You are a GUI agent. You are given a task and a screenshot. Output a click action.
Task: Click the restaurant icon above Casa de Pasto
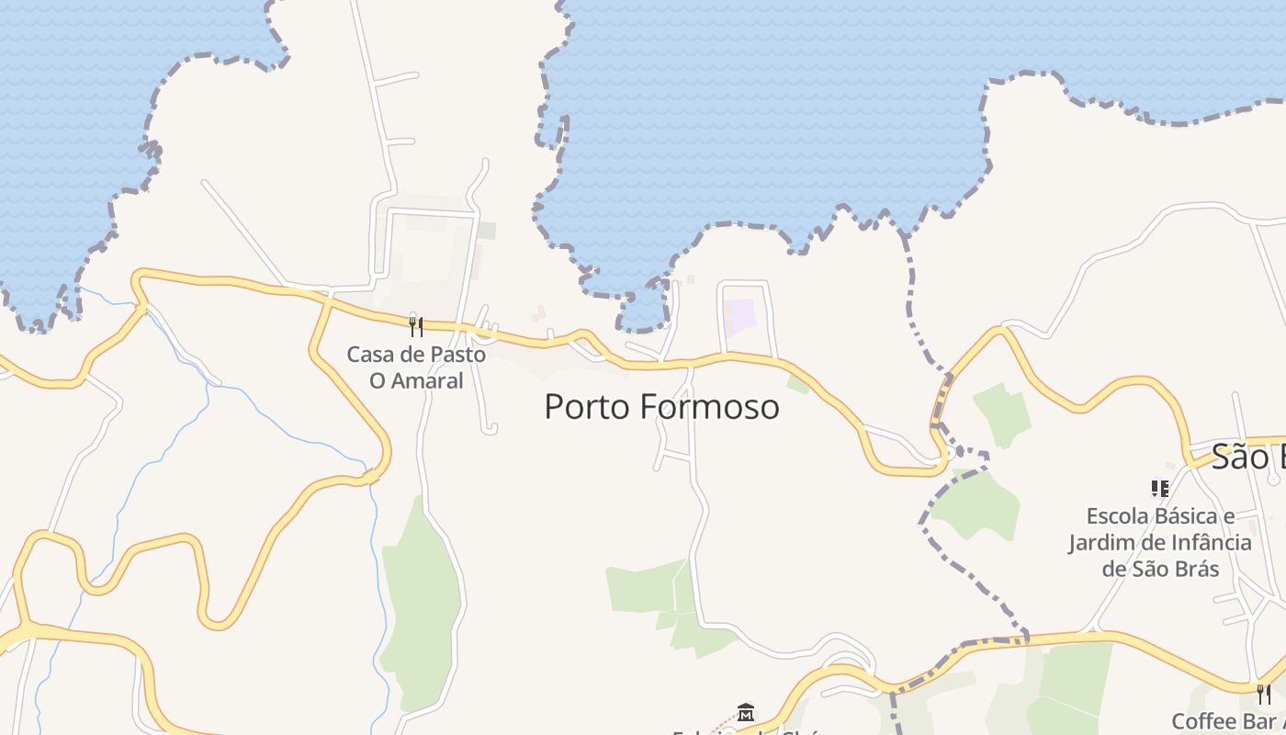click(416, 326)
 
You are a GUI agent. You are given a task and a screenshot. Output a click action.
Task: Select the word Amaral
click(429, 380)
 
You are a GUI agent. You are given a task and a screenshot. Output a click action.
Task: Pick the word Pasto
click(455, 355)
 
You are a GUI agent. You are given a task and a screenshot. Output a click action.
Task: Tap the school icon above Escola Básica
click(1159, 489)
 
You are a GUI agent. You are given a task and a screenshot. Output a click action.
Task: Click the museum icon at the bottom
click(746, 712)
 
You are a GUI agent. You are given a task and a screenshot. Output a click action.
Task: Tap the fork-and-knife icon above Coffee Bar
click(1264, 694)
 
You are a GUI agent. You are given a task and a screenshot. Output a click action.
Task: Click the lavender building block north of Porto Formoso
click(739, 316)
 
